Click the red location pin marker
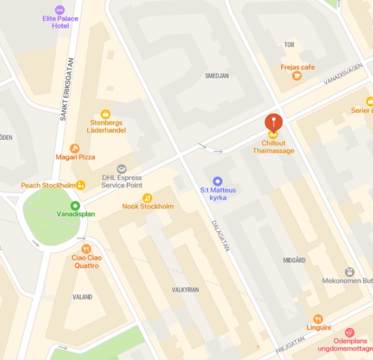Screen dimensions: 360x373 (x=273, y=122)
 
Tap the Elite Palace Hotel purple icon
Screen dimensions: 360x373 (x=60, y=10)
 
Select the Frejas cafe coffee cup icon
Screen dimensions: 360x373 (x=297, y=76)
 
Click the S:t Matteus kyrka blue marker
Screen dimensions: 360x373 (x=218, y=181)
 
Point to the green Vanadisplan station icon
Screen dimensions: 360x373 (x=75, y=205)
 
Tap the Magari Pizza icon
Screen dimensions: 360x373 (x=74, y=149)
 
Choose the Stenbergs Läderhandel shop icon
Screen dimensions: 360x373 (x=105, y=114)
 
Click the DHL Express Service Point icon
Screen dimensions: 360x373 (x=122, y=169)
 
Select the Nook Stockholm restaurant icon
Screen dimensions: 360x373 (x=147, y=198)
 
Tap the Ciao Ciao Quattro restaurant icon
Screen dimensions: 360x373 (x=86, y=249)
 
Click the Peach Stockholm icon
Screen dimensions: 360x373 (x=80, y=185)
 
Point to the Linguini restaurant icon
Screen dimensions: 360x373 (x=318, y=319)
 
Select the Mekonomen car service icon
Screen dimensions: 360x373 (x=349, y=272)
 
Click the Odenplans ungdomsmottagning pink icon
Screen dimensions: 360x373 (x=350, y=332)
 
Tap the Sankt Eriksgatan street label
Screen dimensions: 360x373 (x=67, y=89)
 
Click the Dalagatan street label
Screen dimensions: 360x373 (x=220, y=236)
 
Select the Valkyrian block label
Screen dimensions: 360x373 (x=185, y=290)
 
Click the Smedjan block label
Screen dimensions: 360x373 (x=217, y=76)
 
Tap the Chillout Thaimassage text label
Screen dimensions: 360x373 (x=273, y=147)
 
